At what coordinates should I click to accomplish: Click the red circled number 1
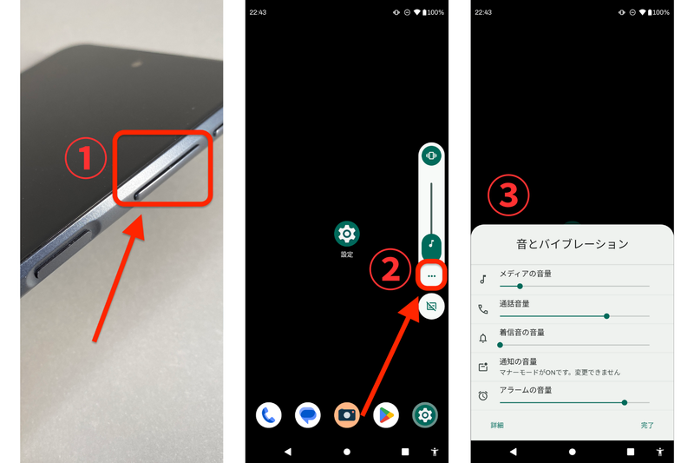tap(85, 158)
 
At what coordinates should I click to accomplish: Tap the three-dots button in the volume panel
tap(432, 275)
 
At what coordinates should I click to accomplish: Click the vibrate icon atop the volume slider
tap(431, 156)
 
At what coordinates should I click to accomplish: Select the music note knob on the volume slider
tap(431, 245)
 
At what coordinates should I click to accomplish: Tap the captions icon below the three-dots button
tap(432, 306)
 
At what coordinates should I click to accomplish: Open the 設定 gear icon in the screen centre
tap(347, 234)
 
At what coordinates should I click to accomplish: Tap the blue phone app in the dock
tap(269, 415)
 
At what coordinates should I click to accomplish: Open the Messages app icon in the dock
tap(308, 415)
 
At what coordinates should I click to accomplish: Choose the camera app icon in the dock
tap(347, 415)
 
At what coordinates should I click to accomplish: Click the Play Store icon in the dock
tap(386, 415)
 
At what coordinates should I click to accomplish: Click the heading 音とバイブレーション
tap(572, 244)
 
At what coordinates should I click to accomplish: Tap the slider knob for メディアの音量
tap(520, 286)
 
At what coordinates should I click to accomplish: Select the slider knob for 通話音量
tap(606, 315)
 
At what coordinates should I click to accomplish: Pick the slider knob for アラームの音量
tap(624, 402)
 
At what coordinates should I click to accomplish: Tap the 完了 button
tap(647, 426)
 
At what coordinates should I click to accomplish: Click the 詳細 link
tap(497, 426)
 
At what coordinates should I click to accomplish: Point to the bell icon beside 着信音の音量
tap(483, 338)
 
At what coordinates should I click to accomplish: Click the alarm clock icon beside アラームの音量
tap(483, 396)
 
